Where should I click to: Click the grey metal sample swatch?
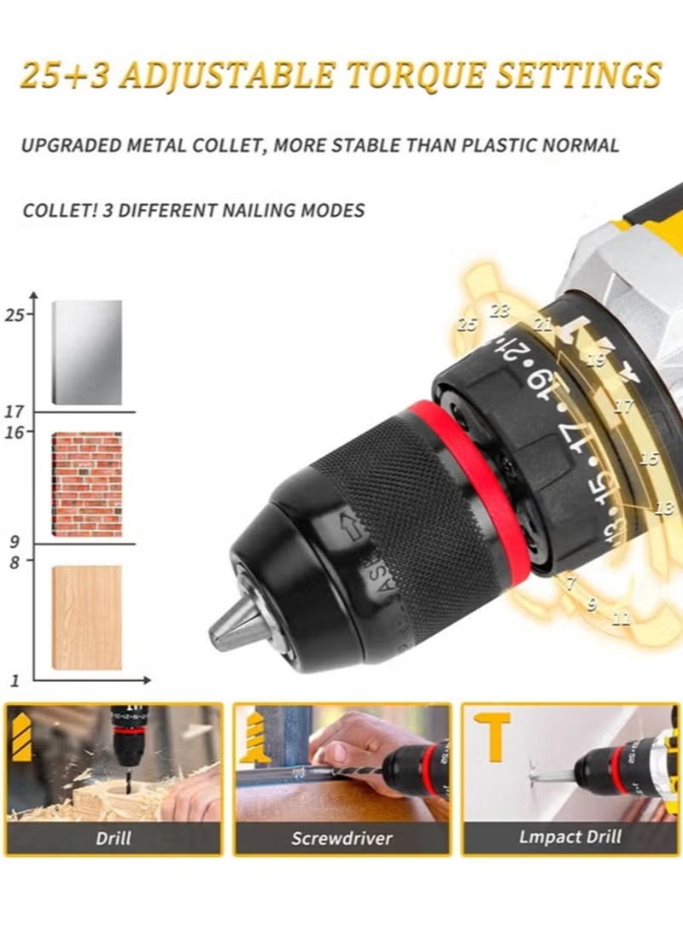(x=87, y=352)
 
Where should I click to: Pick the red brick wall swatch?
(x=87, y=484)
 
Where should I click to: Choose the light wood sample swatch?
(x=87, y=616)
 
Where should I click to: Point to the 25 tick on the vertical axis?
(x=15, y=315)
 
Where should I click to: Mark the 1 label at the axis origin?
(x=14, y=680)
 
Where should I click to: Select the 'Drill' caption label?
(x=114, y=837)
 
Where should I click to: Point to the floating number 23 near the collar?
(x=499, y=311)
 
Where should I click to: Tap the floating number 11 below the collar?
(x=622, y=620)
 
